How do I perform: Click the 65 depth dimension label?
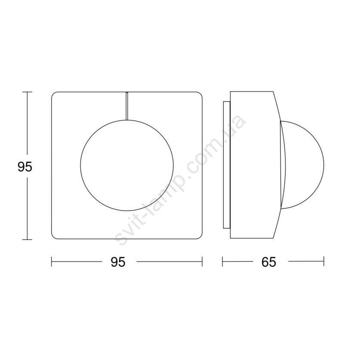[x=268, y=262]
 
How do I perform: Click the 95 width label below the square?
[x=118, y=262]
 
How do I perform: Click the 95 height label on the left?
[x=25, y=167]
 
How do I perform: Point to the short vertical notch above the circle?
[x=127, y=106]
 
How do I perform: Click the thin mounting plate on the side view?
[x=226, y=165]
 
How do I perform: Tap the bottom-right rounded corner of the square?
[x=201, y=237]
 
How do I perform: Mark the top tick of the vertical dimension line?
[x=28, y=92]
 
